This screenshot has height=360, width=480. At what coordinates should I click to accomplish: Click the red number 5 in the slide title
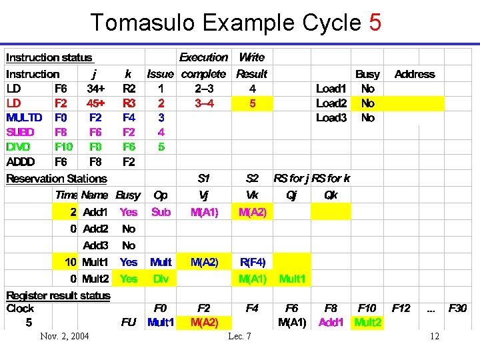click(375, 23)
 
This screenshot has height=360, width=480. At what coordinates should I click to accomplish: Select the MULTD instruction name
click(24, 118)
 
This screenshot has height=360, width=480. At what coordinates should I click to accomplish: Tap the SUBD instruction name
click(21, 132)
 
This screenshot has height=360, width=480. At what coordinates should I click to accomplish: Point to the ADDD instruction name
click(21, 161)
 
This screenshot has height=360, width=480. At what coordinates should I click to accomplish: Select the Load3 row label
click(331, 118)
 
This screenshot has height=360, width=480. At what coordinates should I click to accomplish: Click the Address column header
click(414, 74)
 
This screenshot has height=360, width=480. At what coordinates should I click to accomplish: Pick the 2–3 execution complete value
click(203, 89)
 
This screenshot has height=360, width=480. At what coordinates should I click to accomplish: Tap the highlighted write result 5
click(252, 103)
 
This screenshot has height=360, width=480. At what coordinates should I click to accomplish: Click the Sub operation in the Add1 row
click(161, 212)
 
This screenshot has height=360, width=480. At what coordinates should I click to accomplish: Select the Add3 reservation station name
click(95, 245)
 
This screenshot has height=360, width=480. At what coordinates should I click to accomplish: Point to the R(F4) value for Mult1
click(252, 262)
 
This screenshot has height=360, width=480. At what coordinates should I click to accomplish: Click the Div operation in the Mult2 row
click(161, 279)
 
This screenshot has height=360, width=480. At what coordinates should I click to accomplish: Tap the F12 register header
click(401, 308)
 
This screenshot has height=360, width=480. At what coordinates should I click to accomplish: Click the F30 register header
click(457, 308)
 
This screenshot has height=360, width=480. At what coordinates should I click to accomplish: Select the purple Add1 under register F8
click(331, 323)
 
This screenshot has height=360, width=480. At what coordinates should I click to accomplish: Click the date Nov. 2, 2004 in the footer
click(65, 336)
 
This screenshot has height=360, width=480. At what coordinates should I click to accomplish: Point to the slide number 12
click(434, 336)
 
